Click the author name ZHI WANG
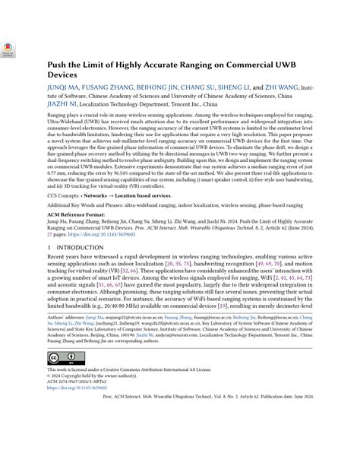pyautogui.click(x=280, y=89)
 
